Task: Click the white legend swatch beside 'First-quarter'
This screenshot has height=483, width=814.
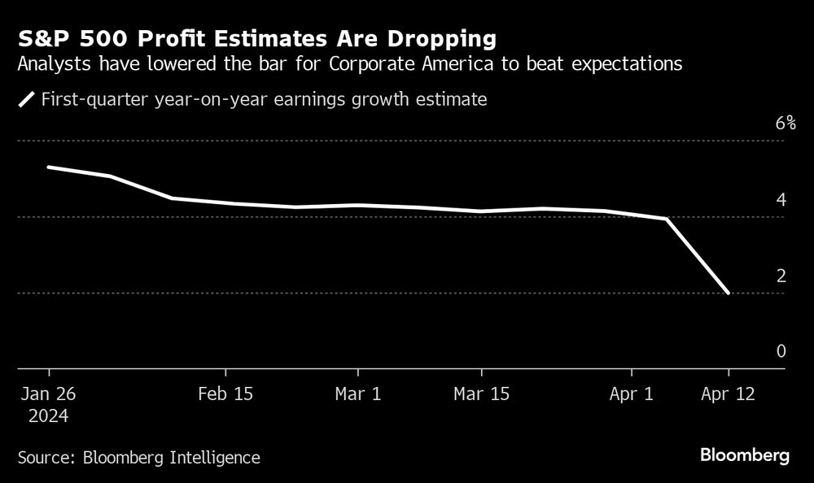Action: pos(27,100)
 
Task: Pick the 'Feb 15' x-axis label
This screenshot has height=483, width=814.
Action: pos(225,394)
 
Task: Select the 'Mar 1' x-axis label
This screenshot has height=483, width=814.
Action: pos(358,394)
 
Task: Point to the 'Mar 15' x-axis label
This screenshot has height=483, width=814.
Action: pos(481,394)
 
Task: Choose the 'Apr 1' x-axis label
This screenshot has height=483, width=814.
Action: pos(632,394)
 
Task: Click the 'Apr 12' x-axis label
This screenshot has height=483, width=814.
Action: pos(728,394)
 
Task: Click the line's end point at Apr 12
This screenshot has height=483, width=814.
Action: pos(728,293)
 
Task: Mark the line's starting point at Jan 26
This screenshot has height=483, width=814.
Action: pos(49,168)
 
